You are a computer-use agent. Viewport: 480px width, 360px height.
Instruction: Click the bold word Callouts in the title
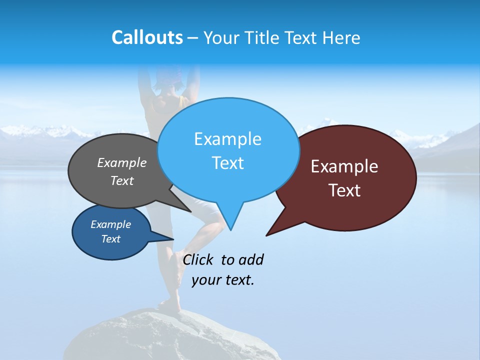tap(147, 37)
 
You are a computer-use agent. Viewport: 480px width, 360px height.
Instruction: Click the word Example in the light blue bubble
tap(227, 139)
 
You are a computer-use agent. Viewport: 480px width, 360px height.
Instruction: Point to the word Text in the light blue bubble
tap(227, 163)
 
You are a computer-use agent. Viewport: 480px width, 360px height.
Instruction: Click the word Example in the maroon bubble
tap(344, 166)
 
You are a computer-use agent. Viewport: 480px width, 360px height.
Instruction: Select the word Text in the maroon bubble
tap(344, 190)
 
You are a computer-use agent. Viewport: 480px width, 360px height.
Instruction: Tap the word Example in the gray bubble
tap(122, 163)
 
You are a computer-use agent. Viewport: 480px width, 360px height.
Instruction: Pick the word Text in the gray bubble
tap(122, 180)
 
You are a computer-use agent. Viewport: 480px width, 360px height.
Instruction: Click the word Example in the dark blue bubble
tap(110, 224)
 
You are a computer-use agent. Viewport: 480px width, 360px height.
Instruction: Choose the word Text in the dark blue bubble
tap(110, 239)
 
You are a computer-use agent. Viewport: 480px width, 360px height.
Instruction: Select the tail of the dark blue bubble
tap(167, 238)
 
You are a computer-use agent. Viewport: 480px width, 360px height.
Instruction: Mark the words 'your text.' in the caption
tap(223, 280)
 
